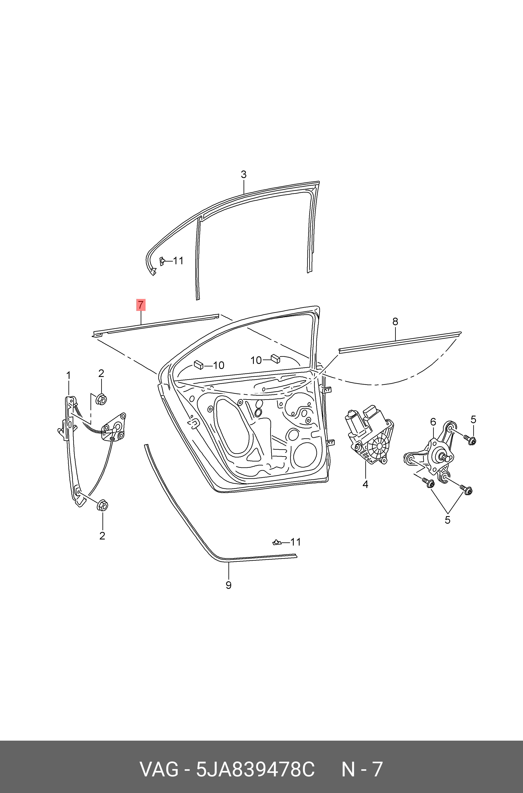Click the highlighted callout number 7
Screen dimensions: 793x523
[x=141, y=305]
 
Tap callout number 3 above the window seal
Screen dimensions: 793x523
[x=244, y=175]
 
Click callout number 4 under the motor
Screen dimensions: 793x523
[x=365, y=484]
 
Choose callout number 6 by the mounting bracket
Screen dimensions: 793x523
[x=433, y=422]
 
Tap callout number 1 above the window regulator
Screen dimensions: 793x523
[x=68, y=376]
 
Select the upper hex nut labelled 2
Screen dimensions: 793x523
[x=101, y=399]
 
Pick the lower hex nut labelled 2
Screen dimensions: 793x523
[x=102, y=506]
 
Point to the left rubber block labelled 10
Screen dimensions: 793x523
[x=198, y=364]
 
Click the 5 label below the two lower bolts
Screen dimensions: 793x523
[x=447, y=520]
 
